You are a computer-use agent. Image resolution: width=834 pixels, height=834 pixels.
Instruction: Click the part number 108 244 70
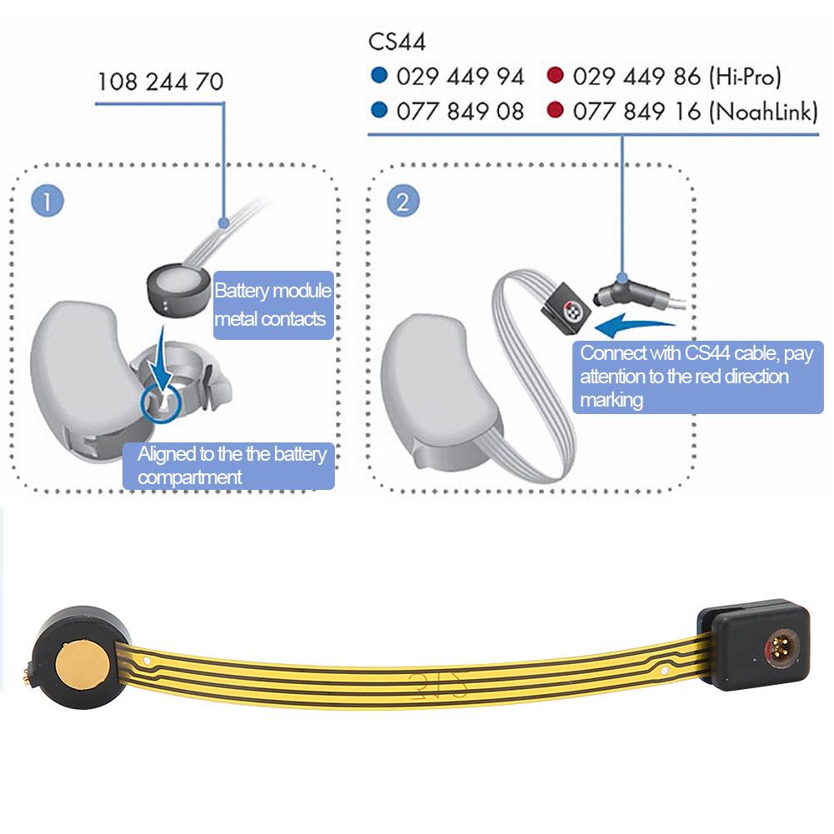(160, 82)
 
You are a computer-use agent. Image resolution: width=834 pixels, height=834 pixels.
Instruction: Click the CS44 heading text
(397, 41)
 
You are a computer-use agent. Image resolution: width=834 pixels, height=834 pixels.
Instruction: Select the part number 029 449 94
(460, 77)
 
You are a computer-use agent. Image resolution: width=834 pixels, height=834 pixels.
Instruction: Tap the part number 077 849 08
(460, 111)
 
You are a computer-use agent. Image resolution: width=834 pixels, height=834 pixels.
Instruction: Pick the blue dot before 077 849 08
(379, 111)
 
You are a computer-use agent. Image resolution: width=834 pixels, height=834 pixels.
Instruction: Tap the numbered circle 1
(47, 202)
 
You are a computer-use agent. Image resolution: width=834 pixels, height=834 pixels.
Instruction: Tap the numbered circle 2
(402, 202)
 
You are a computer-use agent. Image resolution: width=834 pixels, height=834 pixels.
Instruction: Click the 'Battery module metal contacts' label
(273, 305)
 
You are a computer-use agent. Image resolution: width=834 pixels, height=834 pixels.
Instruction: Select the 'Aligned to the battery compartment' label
(228, 466)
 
